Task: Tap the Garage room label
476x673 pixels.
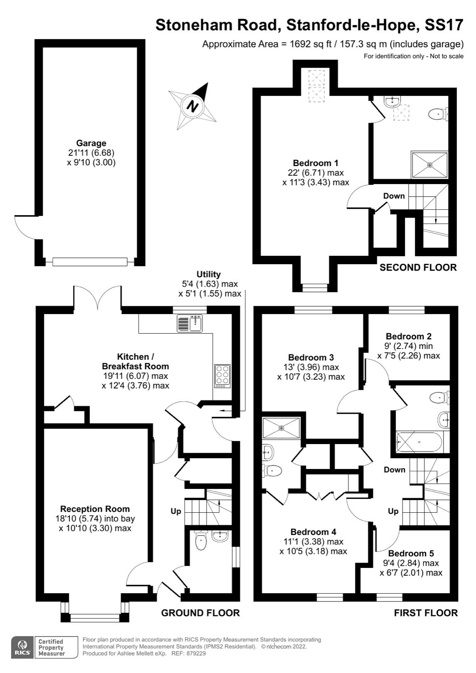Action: (x=91, y=144)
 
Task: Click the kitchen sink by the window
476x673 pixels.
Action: (x=190, y=324)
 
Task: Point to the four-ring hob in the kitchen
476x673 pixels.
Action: (x=223, y=376)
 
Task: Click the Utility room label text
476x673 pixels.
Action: (x=209, y=275)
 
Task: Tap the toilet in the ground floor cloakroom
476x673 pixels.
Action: (x=201, y=540)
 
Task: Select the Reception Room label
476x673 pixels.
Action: (x=95, y=509)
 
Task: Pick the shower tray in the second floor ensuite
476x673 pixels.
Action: (x=430, y=165)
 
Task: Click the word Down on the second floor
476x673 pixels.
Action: (x=394, y=196)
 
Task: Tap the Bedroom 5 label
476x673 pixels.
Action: (x=411, y=553)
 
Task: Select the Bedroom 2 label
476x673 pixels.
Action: (x=409, y=336)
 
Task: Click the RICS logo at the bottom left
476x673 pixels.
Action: (x=22, y=647)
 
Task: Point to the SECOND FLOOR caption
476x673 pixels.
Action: (x=418, y=268)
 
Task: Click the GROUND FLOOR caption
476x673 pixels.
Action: (x=200, y=613)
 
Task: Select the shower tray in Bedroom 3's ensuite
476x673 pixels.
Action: (x=281, y=427)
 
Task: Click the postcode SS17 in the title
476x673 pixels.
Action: (x=444, y=25)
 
